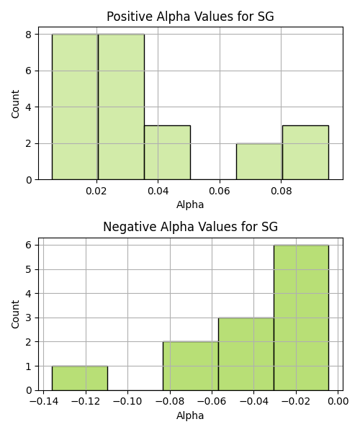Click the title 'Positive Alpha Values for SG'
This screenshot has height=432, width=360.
pos(190,17)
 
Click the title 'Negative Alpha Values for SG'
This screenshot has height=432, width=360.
pos(190,227)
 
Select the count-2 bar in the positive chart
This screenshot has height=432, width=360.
pos(259,161)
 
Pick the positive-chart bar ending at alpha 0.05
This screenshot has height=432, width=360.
pos(167,153)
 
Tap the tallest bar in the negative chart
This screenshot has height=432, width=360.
pos(301,318)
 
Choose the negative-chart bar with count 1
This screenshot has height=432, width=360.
pos(80,378)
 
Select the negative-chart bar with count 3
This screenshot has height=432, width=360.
pos(246,354)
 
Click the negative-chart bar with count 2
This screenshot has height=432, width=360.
pos(190,366)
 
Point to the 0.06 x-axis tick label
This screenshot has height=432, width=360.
pos(220,191)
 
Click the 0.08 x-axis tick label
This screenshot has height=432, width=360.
pos(282,191)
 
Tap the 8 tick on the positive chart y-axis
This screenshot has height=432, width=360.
pos(29,35)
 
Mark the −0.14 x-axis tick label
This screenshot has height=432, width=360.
pos(43,402)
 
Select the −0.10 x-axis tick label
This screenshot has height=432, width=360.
pos(127,402)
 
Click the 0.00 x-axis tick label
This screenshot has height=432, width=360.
pos(338,402)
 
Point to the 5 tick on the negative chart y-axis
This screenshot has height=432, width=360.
pos(29,269)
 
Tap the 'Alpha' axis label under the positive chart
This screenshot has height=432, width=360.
pos(190,204)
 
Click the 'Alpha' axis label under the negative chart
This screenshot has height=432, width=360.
pos(190,415)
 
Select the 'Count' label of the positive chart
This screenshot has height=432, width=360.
pos(15,104)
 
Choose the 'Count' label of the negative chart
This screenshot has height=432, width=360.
pos(15,314)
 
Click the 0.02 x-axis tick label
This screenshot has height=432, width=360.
pos(96,191)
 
